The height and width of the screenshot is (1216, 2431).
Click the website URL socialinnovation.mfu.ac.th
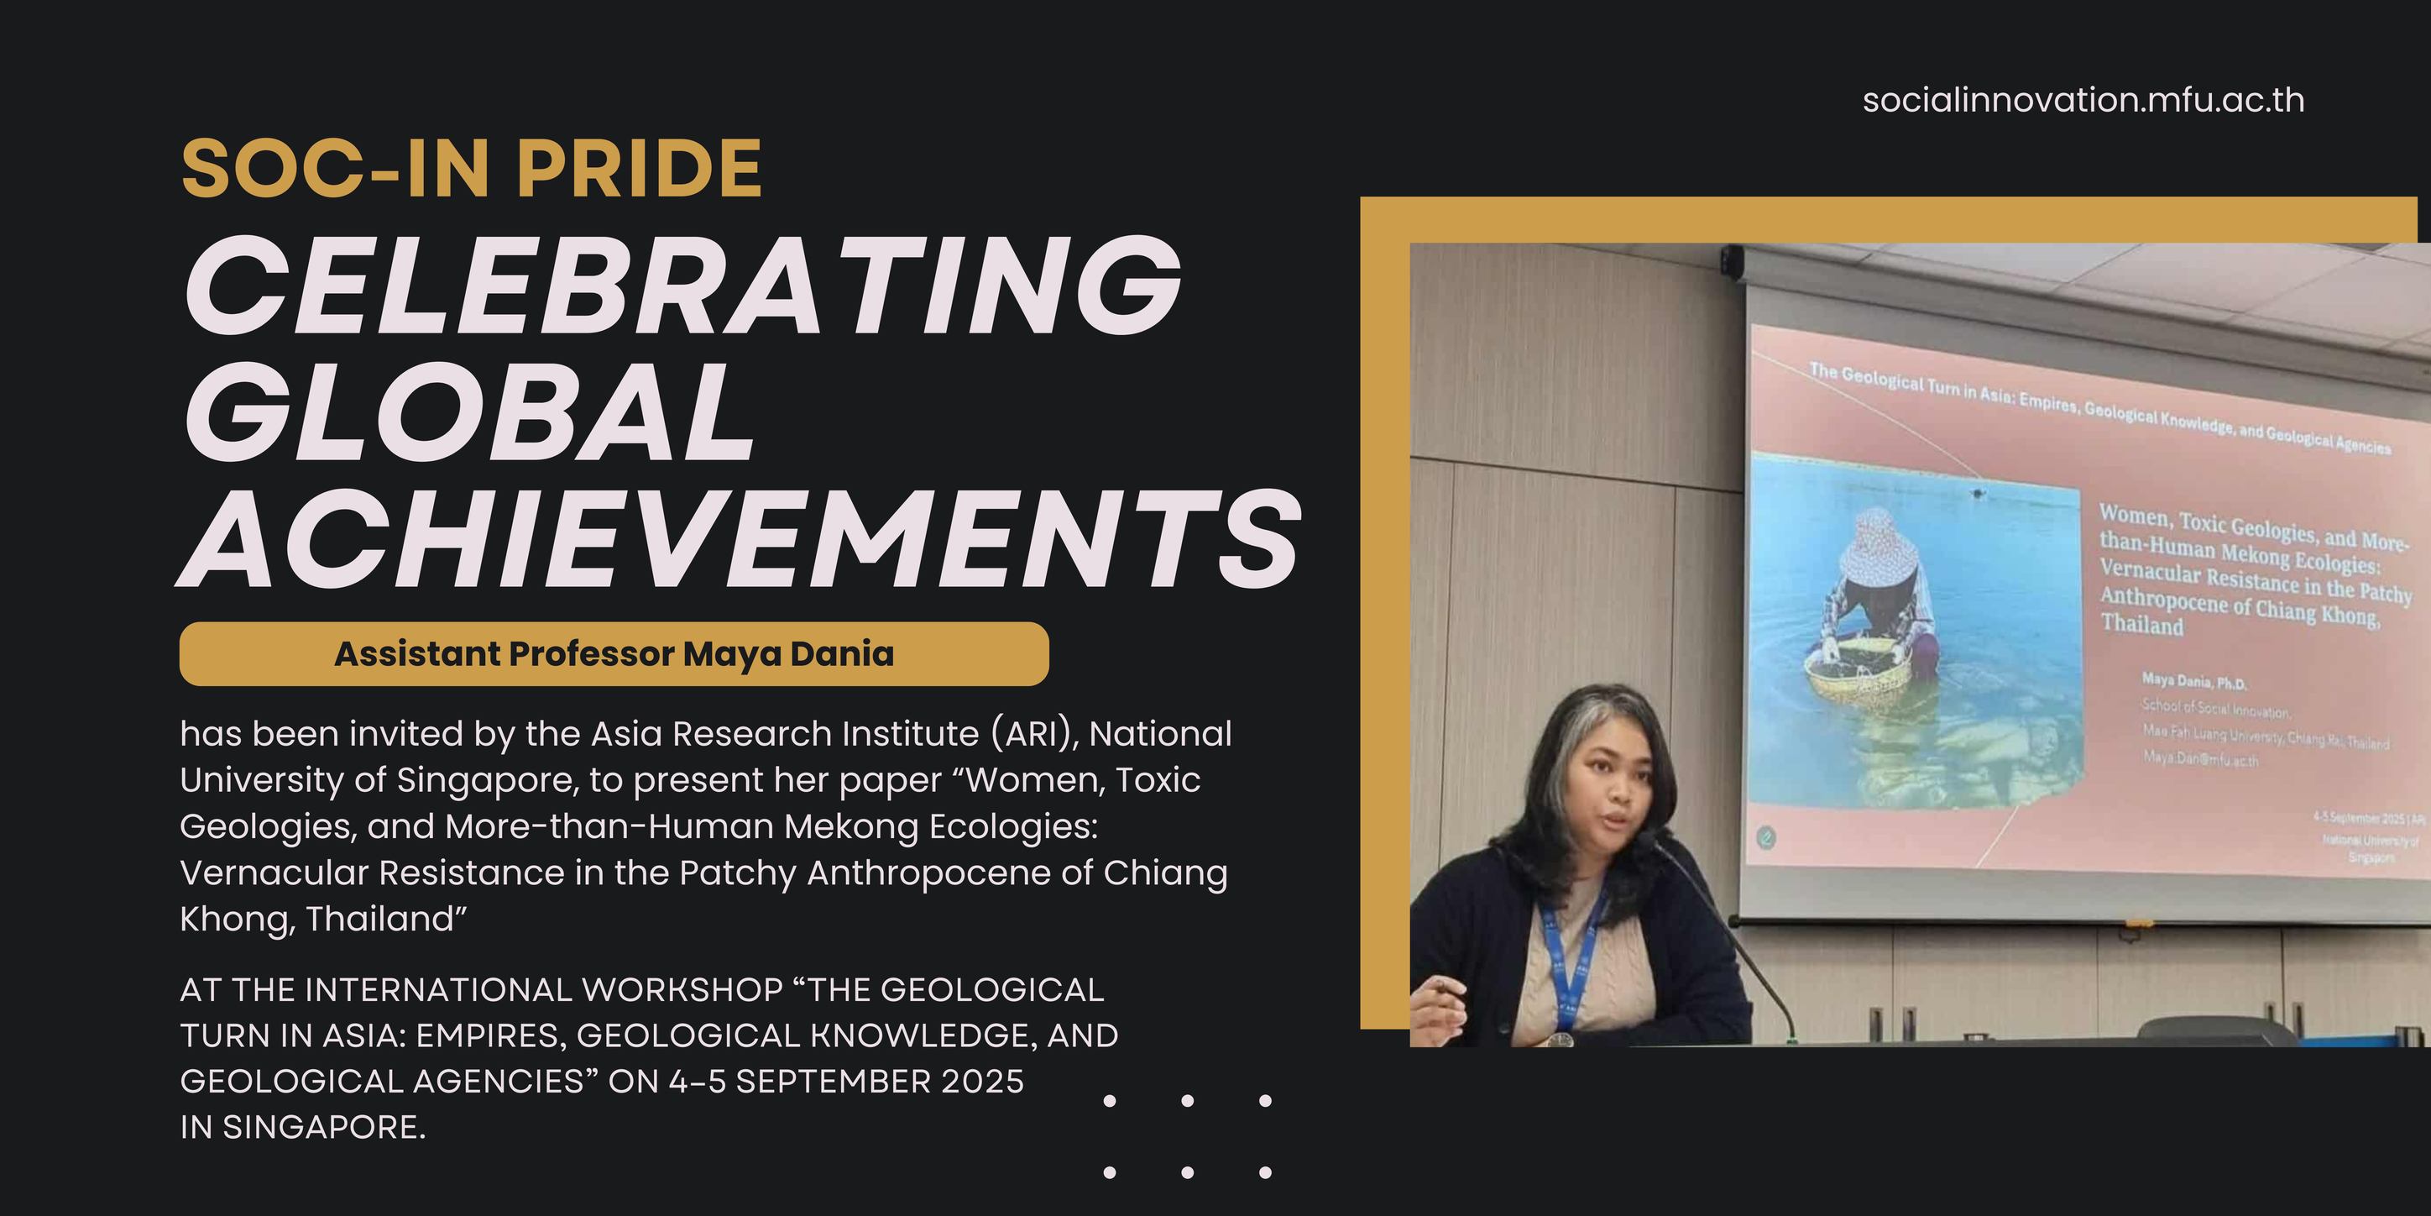coord(2083,100)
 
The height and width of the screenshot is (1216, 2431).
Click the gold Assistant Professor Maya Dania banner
coord(614,653)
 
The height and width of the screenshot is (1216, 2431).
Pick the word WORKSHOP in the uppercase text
coord(682,989)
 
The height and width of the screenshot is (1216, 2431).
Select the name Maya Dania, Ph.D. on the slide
coord(2193,682)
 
